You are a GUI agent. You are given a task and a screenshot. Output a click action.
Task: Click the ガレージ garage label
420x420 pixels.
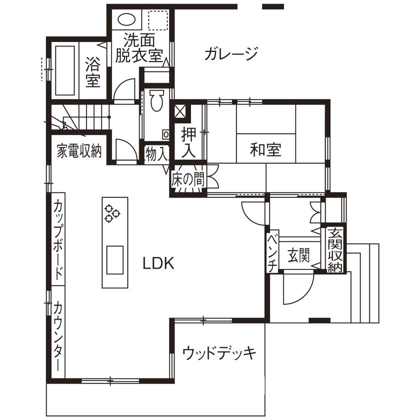pyautogui.click(x=230, y=53)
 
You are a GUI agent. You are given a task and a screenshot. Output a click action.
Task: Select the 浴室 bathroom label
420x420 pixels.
pyautogui.click(x=92, y=72)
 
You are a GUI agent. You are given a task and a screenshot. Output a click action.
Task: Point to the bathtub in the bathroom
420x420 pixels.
pyautogui.click(x=65, y=71)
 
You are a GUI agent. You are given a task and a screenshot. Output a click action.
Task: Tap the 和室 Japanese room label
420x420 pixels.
pyautogui.click(x=265, y=149)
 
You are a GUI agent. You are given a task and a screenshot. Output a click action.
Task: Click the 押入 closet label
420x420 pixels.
pyautogui.click(x=189, y=143)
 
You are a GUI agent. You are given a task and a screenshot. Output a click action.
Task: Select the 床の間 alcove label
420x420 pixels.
pyautogui.click(x=188, y=179)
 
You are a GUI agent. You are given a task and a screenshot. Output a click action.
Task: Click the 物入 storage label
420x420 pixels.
pyautogui.click(x=156, y=153)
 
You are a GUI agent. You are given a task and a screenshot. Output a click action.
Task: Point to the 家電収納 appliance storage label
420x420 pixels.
pyautogui.click(x=79, y=150)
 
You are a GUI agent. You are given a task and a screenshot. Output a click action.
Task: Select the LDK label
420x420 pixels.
pyautogui.click(x=158, y=263)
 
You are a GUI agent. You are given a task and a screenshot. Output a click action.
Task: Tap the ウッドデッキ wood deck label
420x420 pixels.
pyautogui.click(x=219, y=353)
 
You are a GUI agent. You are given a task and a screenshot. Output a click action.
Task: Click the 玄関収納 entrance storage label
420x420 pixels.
pyautogui.click(x=334, y=250)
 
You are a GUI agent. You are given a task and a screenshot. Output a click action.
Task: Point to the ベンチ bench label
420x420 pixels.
pyautogui.click(x=272, y=253)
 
